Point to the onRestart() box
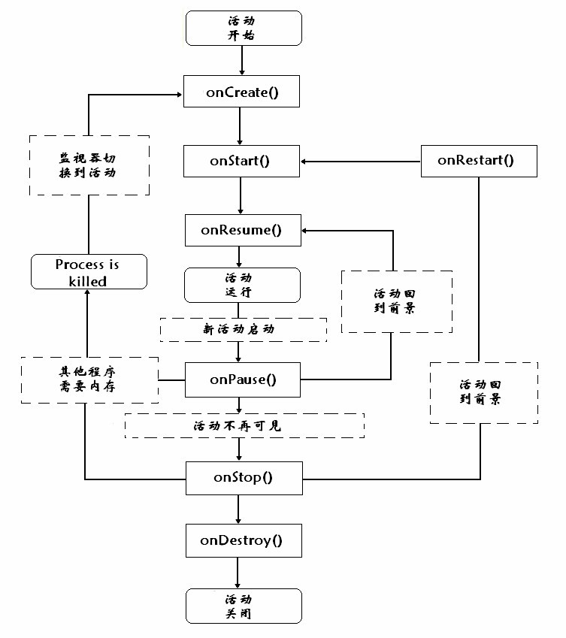click(x=479, y=161)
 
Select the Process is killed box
click(x=87, y=272)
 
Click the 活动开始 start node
click(x=243, y=27)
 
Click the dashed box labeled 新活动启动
click(x=243, y=329)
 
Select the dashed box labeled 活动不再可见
click(x=244, y=425)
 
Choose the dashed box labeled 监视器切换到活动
click(x=89, y=165)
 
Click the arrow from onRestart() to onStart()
click(x=361, y=161)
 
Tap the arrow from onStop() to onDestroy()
click(x=239, y=509)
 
